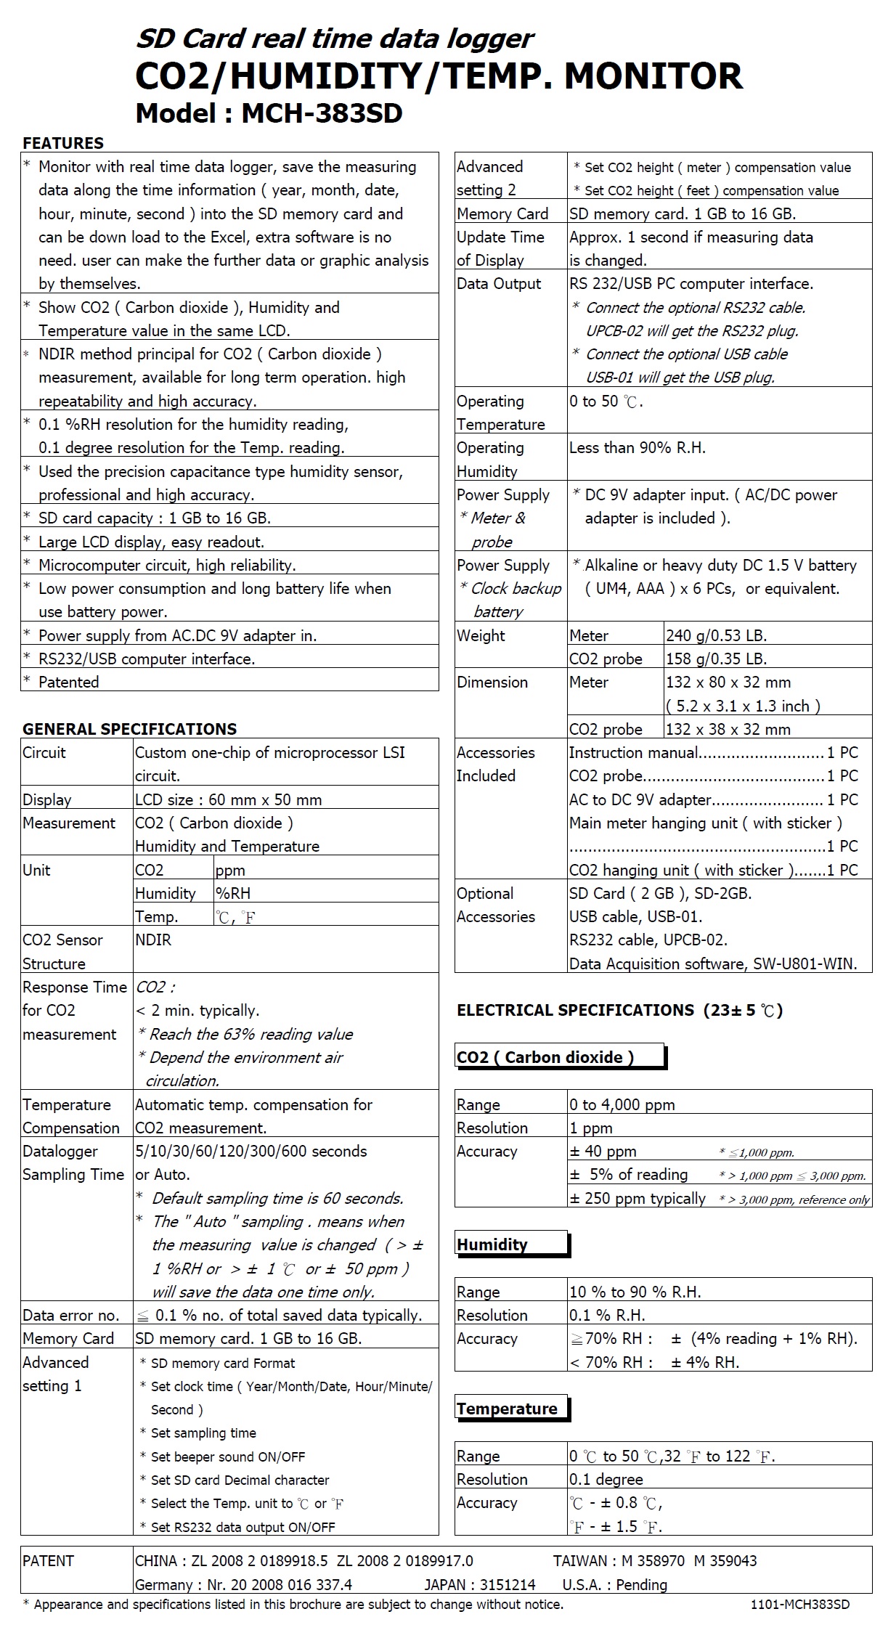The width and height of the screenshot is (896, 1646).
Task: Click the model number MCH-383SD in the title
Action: pyautogui.click(x=322, y=113)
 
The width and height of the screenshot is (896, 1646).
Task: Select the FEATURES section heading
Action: pyautogui.click(x=63, y=143)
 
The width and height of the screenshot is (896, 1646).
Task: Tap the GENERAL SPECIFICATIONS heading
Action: pyautogui.click(x=130, y=729)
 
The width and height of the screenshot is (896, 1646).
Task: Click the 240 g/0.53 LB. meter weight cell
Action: pyautogui.click(x=716, y=635)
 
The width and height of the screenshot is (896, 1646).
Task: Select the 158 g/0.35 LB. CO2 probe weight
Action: pyautogui.click(x=716, y=659)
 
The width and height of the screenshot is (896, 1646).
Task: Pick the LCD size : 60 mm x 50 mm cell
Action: pyautogui.click(x=229, y=799)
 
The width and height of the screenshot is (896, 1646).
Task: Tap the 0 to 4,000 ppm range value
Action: pyautogui.click(x=622, y=1104)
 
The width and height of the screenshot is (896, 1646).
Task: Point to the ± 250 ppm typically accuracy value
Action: pyautogui.click(x=638, y=1198)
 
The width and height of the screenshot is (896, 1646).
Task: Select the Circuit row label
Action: pyautogui.click(x=44, y=752)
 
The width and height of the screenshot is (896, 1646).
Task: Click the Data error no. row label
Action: pyautogui.click(x=71, y=1315)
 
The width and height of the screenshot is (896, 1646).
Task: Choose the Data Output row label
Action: pyautogui.click(x=499, y=284)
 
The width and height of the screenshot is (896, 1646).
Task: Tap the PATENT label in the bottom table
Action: pyautogui.click(x=48, y=1560)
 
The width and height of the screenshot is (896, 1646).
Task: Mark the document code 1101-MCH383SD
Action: pyautogui.click(x=799, y=1605)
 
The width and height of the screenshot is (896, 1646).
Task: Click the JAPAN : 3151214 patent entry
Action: pyautogui.click(x=480, y=1584)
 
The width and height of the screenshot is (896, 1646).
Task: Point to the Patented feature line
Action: pyautogui.click(x=68, y=682)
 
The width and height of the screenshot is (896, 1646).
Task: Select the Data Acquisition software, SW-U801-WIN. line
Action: pyautogui.click(x=713, y=963)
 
